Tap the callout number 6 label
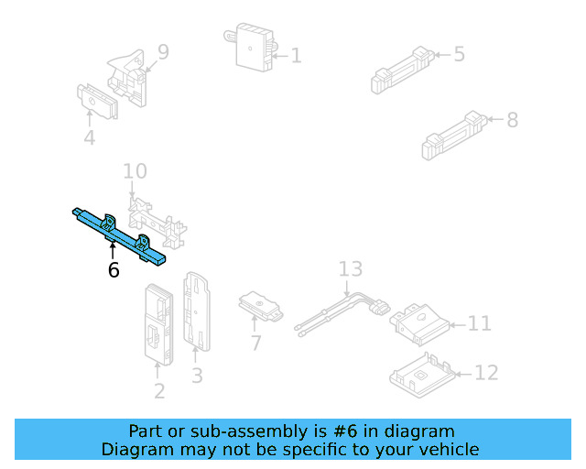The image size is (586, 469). pos(114,270)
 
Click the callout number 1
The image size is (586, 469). pos(296,56)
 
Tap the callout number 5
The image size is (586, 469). pos(459,54)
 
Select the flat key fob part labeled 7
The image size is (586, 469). pos(260,307)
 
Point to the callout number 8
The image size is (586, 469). pos(512,119)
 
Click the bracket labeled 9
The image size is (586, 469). pos(130,78)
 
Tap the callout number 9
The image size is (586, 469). pos(163,52)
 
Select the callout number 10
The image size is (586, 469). pos(135,171)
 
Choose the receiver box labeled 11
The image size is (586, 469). pos(419,322)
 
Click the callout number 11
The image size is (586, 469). pos(480,323)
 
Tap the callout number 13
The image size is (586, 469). pos(351,269)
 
